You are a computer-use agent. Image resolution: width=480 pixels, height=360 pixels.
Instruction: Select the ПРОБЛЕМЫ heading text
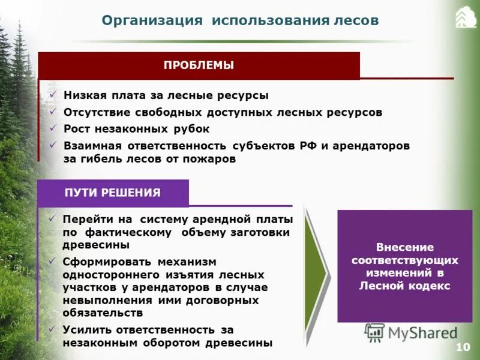tap(199, 65)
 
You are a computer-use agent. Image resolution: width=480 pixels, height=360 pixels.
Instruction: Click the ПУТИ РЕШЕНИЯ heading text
tap(113, 193)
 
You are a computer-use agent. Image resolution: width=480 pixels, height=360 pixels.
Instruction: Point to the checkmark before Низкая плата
tap(53, 95)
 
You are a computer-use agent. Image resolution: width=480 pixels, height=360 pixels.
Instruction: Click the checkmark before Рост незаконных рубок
tap(53, 128)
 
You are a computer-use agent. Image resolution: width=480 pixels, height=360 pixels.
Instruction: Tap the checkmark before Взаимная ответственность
tap(53, 145)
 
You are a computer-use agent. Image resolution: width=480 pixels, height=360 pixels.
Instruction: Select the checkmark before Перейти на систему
tap(53, 218)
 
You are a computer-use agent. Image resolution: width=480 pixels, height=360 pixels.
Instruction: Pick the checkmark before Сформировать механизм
tap(53, 261)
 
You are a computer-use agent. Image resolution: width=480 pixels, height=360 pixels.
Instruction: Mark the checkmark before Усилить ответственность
tap(53, 329)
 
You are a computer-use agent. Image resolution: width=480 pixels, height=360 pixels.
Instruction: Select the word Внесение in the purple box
tap(404, 247)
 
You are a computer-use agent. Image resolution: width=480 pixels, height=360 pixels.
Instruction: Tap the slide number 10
tap(463, 347)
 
